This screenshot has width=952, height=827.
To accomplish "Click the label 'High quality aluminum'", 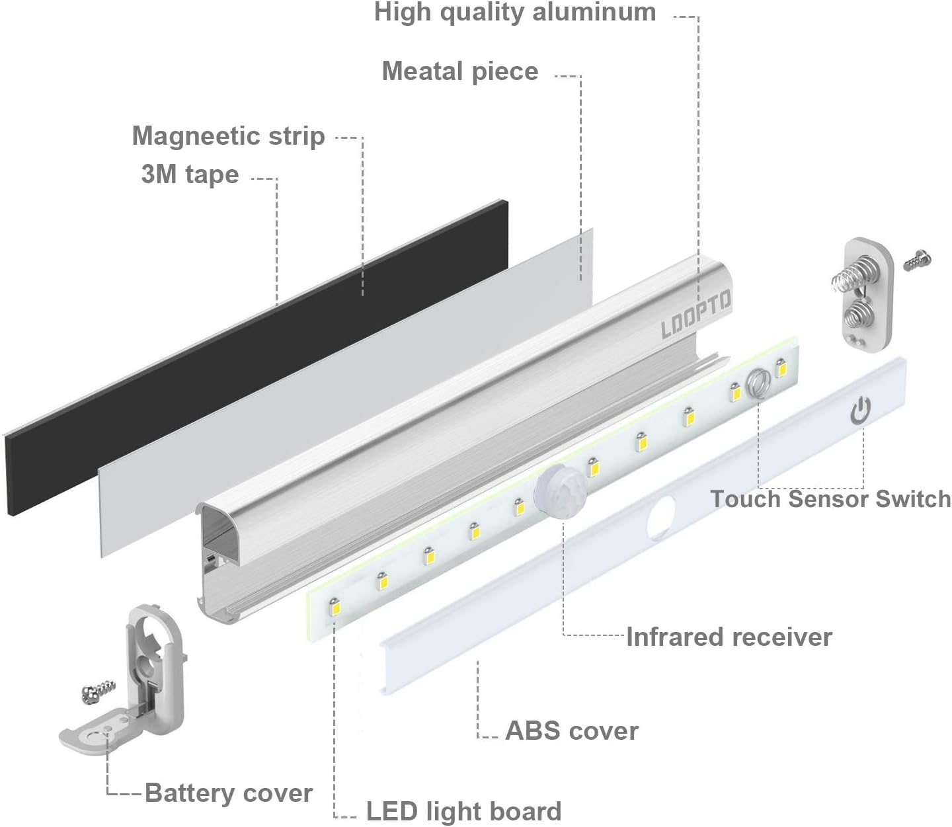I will [x=515, y=13].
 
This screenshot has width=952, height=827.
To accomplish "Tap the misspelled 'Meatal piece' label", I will [x=460, y=71].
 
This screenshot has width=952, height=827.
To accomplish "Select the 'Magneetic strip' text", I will [x=229, y=136].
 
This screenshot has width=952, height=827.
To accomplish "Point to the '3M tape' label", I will [x=190, y=175].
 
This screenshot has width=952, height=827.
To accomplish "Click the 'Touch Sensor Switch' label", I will [x=831, y=498].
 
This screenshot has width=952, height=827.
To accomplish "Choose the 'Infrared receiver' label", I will [x=729, y=637].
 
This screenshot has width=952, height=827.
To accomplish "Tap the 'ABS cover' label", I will [x=572, y=731].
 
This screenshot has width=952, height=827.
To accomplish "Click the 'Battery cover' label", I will [x=229, y=793].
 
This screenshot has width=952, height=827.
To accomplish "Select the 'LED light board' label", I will [x=464, y=812].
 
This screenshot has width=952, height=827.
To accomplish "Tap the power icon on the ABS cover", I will [x=860, y=411].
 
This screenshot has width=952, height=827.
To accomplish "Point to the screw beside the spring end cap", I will [x=918, y=259].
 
